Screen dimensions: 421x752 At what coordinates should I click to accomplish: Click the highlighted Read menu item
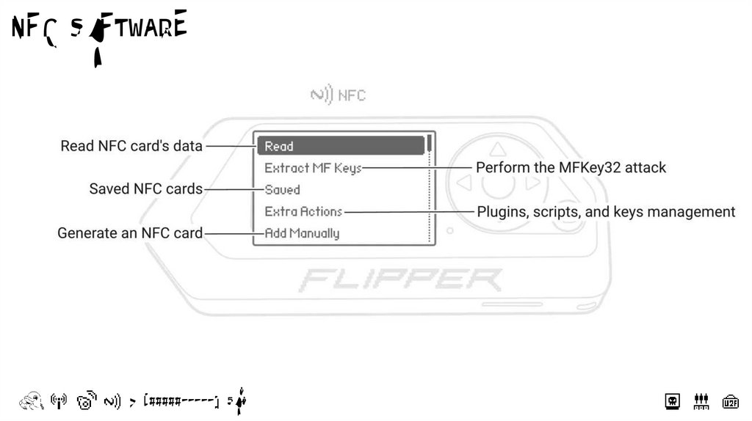(x=341, y=146)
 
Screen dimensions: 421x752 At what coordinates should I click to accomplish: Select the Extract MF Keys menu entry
(x=313, y=168)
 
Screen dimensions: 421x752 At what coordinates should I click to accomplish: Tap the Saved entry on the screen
(x=282, y=189)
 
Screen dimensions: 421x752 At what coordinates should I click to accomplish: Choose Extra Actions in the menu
(x=303, y=211)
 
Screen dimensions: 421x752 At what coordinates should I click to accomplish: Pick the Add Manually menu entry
(x=302, y=233)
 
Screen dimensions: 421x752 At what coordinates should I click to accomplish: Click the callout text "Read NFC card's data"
(x=131, y=146)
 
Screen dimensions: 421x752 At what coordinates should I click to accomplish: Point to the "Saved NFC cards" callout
(x=145, y=189)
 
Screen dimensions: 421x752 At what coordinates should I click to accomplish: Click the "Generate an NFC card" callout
(x=130, y=233)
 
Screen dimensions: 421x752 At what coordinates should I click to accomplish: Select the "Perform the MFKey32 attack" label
(x=571, y=167)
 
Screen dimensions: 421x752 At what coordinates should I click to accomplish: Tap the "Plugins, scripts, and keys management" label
(x=606, y=212)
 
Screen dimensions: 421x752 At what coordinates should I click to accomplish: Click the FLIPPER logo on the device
(x=401, y=279)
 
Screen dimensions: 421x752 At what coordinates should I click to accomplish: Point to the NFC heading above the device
(x=338, y=95)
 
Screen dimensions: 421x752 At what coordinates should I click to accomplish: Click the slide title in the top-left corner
(x=98, y=28)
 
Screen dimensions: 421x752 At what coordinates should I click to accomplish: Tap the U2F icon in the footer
(x=730, y=401)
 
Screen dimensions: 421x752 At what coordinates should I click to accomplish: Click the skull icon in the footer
(x=672, y=401)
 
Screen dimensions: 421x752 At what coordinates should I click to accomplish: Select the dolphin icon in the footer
(x=31, y=400)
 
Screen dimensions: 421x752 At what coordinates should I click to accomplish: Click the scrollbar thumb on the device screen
(x=429, y=144)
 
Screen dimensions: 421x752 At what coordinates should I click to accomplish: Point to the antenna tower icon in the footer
(x=59, y=400)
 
